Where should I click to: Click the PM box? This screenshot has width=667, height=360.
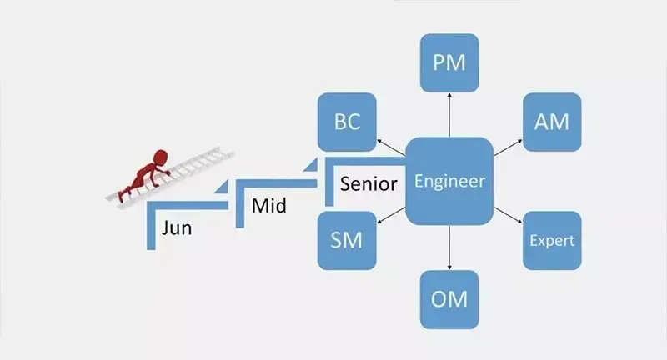click(449, 62)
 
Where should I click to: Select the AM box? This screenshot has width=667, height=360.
click(551, 122)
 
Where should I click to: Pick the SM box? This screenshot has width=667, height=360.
click(346, 241)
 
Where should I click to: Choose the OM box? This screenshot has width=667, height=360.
click(449, 298)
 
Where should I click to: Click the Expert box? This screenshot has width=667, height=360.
click(551, 241)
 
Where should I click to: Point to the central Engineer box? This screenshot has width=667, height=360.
click(449, 181)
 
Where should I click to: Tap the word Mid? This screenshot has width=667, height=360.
click(268, 205)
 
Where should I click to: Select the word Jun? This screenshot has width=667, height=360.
click(177, 227)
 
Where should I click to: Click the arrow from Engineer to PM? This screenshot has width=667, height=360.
click(449, 114)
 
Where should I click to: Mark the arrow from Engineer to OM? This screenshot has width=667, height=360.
click(449, 247)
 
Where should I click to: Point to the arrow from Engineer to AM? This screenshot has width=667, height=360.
click(506, 148)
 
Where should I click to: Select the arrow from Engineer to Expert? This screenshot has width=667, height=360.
click(506, 214)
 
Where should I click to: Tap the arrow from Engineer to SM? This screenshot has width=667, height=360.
click(390, 216)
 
